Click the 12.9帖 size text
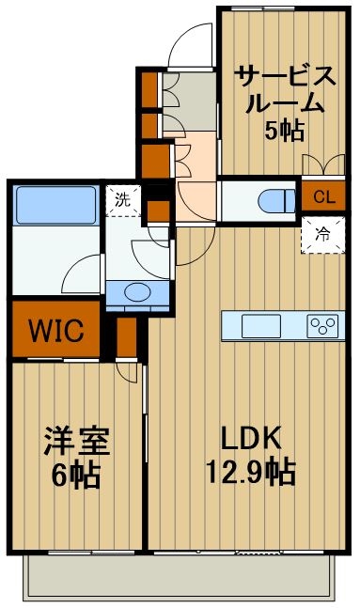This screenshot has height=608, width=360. click(251, 469)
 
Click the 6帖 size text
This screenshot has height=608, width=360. click(75, 475)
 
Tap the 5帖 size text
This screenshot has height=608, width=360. click(284, 131)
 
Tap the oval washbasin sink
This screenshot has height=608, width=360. click(137, 292)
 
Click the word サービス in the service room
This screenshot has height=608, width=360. click(284, 74)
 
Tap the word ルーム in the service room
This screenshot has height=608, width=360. click(284, 102)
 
